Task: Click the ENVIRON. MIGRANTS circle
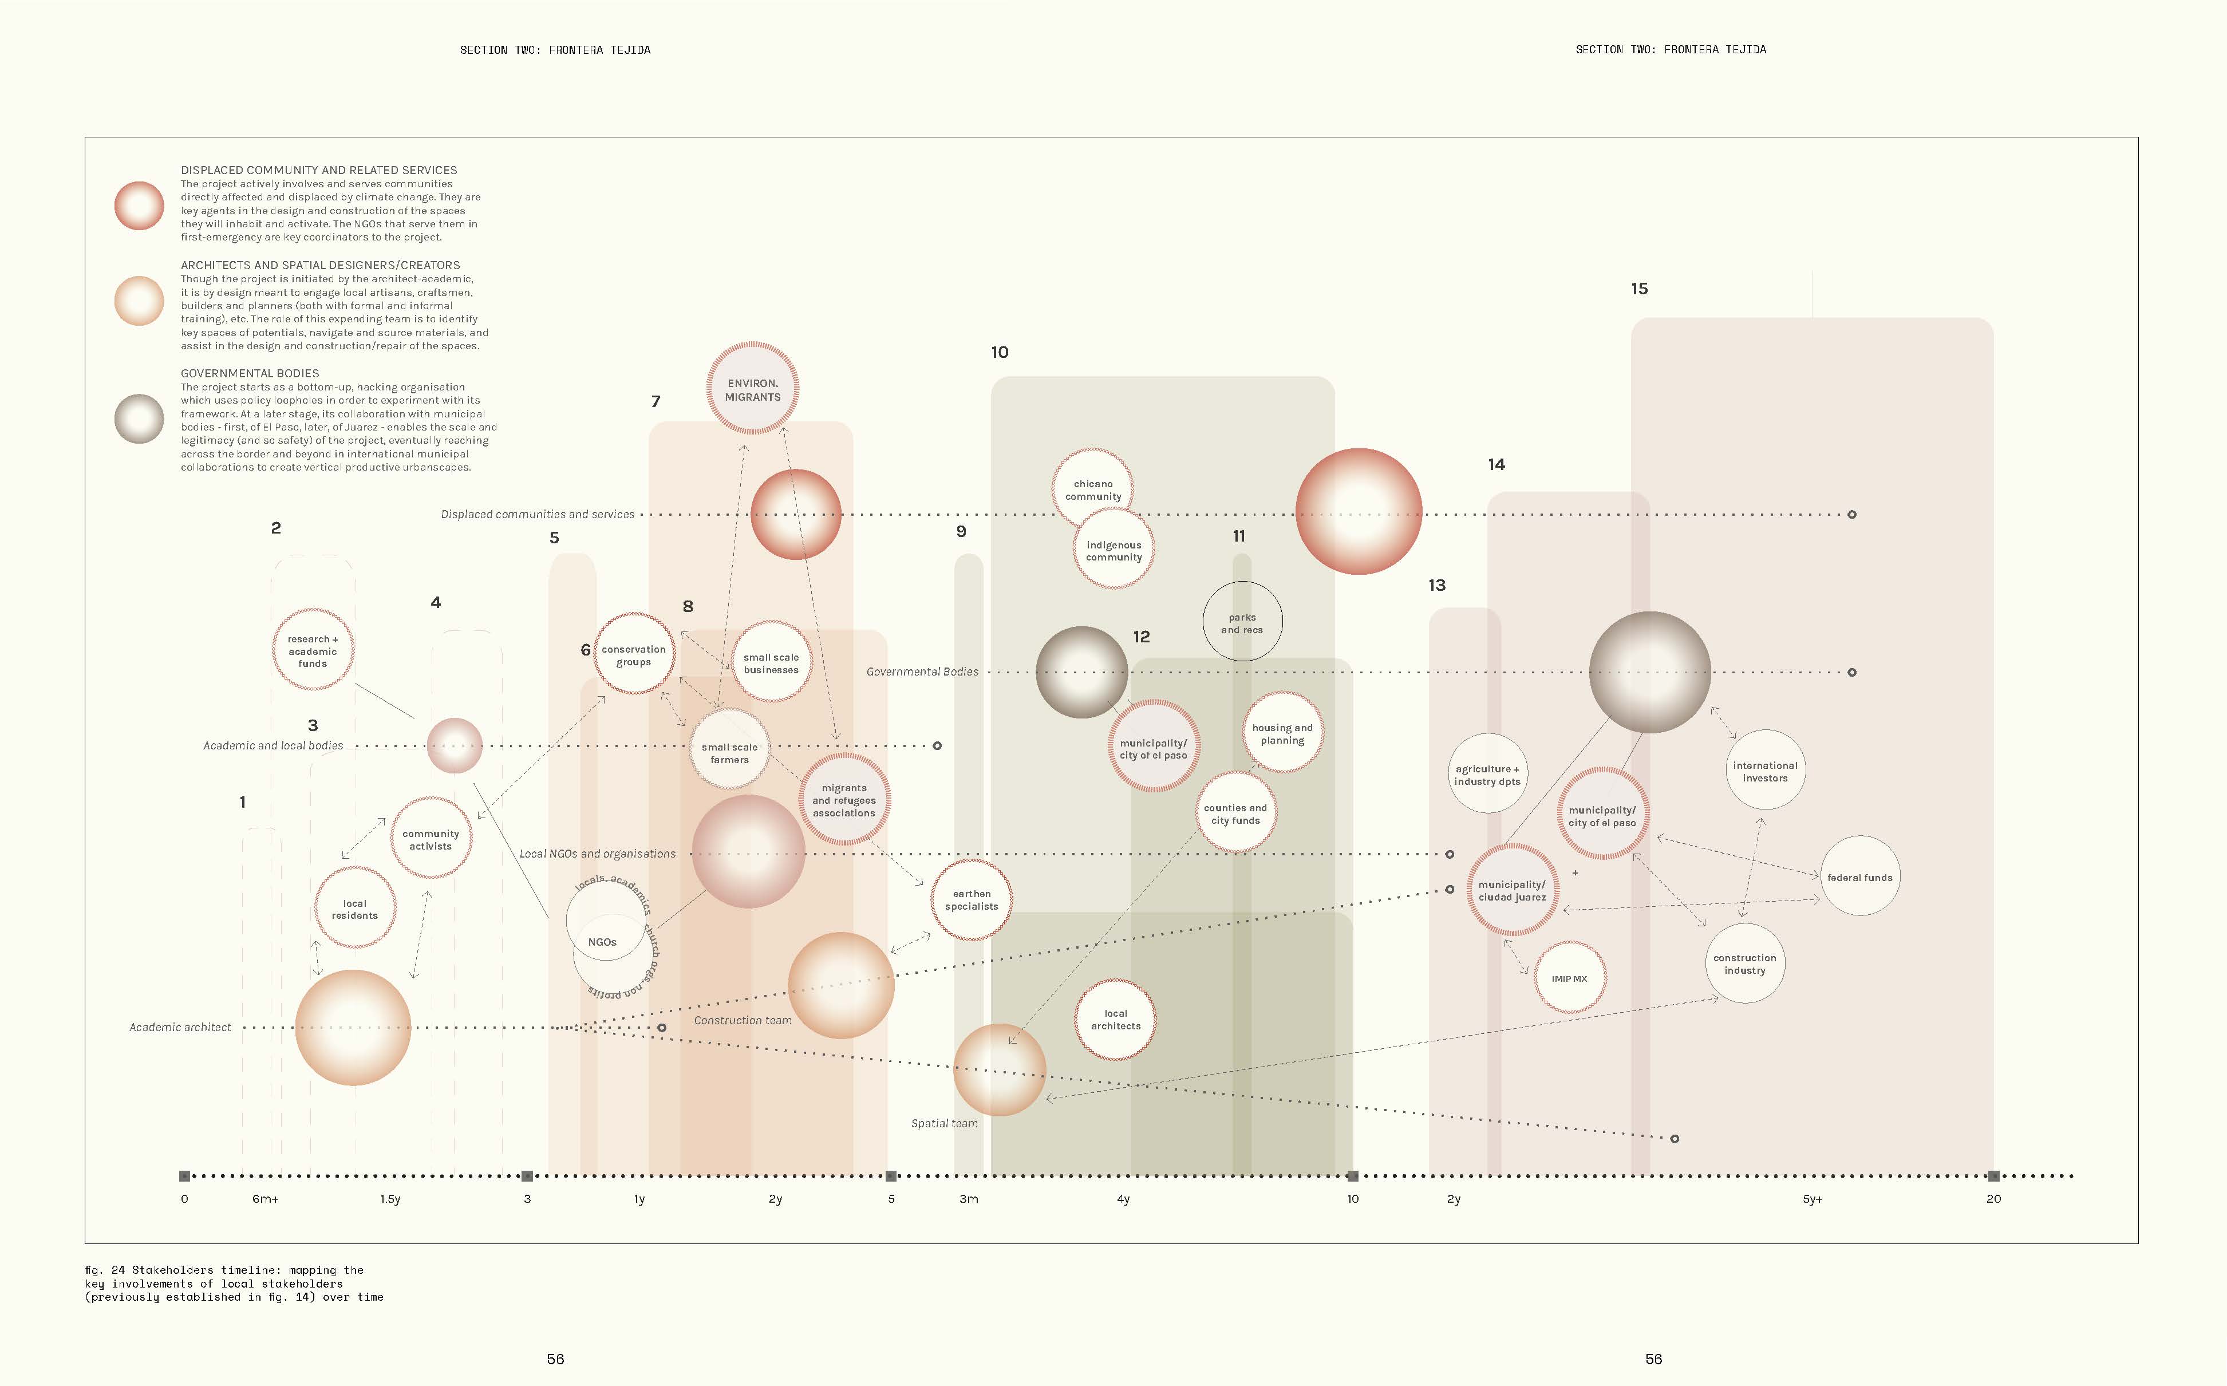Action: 752,389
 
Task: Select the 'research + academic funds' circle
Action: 313,650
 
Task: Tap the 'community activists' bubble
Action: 431,839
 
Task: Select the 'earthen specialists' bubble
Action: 972,899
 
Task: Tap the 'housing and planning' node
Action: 1282,732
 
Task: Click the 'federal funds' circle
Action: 1859,876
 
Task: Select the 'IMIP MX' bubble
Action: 1569,978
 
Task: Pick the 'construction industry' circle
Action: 1744,964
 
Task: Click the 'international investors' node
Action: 1764,771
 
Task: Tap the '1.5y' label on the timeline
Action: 390,1199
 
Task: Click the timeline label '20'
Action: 1993,1199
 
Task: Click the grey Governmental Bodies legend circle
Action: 139,419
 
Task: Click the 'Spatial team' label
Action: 944,1123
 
